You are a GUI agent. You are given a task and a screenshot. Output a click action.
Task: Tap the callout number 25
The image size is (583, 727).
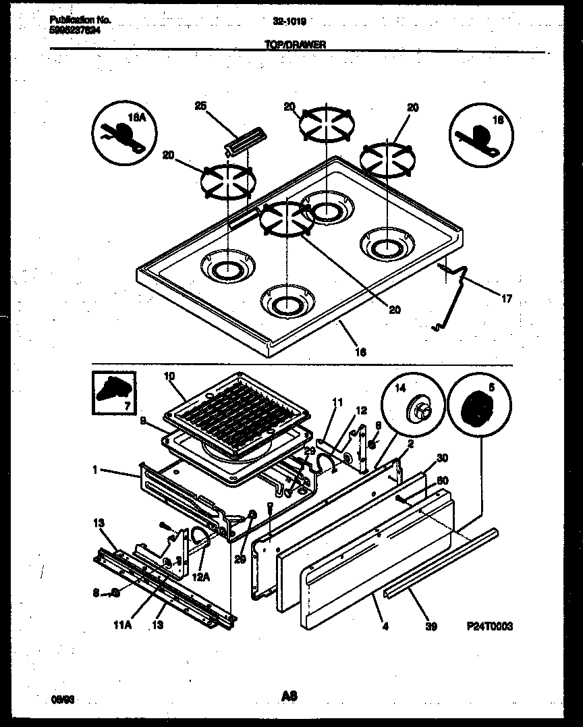pos(200,105)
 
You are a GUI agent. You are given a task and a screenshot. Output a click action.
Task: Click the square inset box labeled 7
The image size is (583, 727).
pos(114,393)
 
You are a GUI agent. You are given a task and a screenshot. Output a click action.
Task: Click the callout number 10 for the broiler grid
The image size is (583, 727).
pos(169,375)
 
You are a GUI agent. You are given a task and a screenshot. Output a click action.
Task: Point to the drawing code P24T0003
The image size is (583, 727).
pos(489,626)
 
